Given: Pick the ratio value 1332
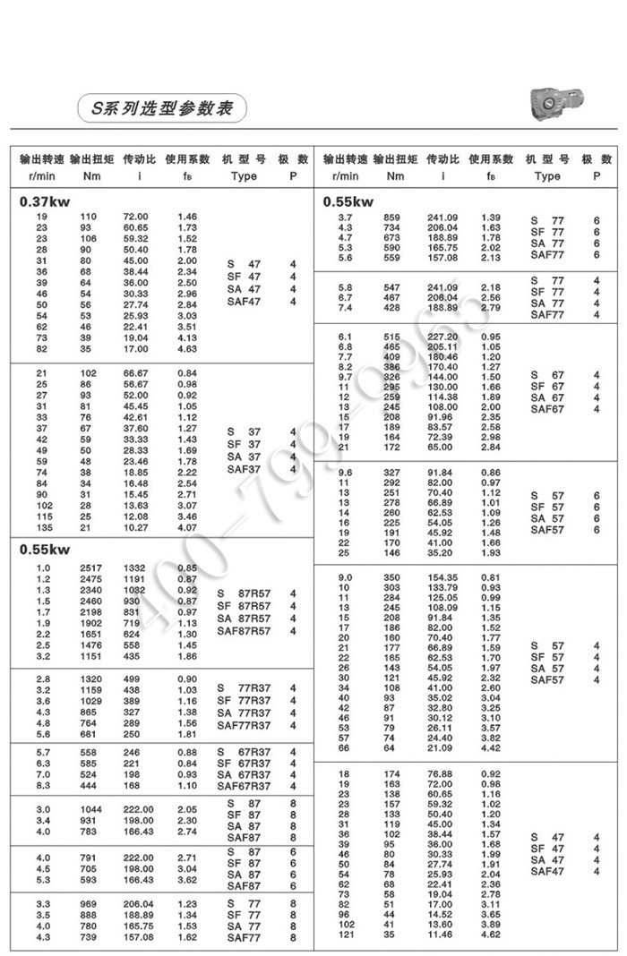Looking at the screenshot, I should (134, 568).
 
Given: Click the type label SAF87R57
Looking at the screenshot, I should (244, 631).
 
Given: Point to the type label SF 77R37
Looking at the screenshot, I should (244, 700).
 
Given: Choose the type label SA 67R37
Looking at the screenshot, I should (244, 774).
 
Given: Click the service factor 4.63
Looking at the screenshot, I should (187, 349).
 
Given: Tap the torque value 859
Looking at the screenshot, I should (392, 218).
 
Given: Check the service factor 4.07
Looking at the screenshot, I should (187, 527).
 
